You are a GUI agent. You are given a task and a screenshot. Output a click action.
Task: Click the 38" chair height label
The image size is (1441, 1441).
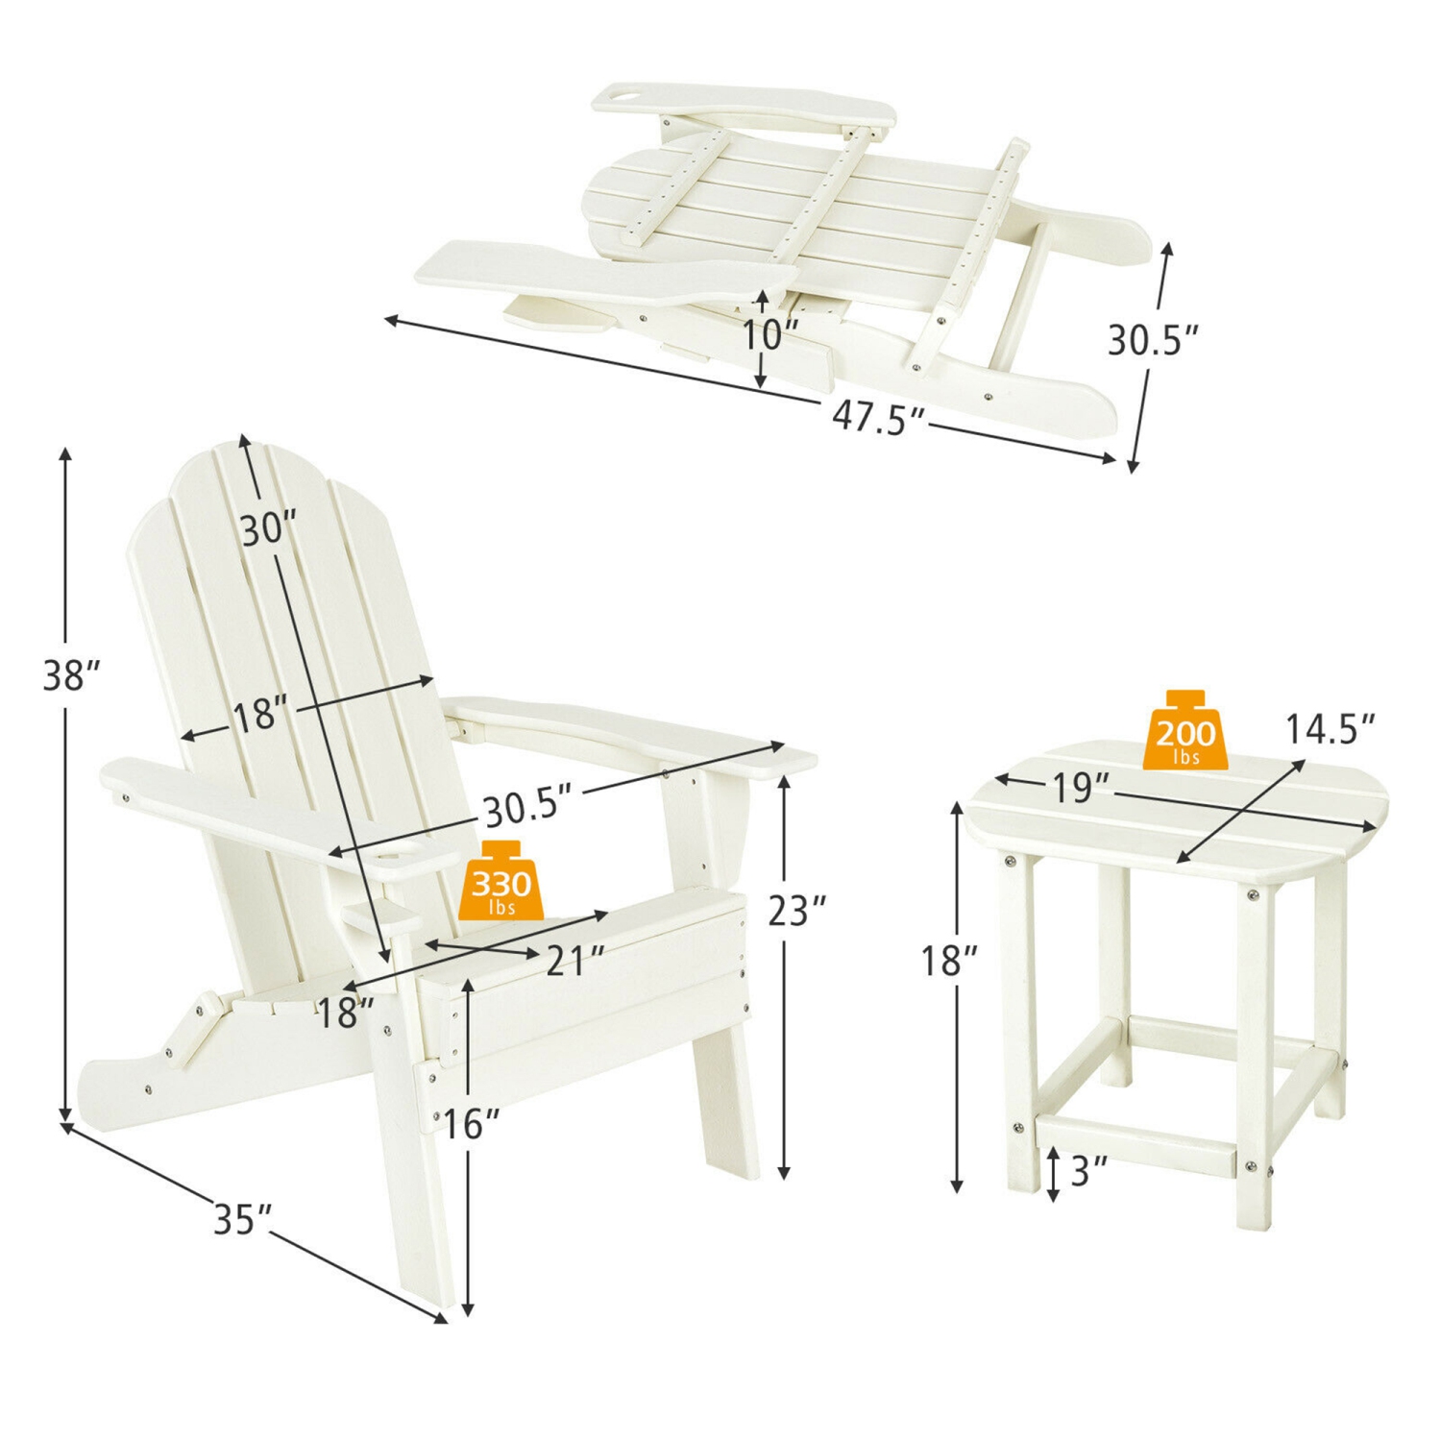click(x=71, y=675)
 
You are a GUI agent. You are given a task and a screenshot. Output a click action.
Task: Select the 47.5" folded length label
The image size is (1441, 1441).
click(x=877, y=417)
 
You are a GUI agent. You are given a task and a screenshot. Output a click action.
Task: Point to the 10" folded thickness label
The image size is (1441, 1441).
click(x=769, y=335)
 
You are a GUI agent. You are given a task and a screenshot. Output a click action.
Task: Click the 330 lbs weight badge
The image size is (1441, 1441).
click(x=501, y=881)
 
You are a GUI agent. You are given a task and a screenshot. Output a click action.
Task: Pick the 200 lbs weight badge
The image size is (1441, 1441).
click(x=1185, y=732)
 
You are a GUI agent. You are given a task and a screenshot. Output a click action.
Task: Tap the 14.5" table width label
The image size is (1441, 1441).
click(x=1330, y=729)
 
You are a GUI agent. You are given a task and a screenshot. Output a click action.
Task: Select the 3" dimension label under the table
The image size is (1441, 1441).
click(x=1087, y=1171)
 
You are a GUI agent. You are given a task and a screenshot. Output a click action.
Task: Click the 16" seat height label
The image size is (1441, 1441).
click(x=471, y=1124)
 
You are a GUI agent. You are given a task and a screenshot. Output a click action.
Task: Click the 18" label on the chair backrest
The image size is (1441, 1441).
click(x=259, y=716)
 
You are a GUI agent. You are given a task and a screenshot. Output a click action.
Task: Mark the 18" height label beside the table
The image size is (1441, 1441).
click(x=949, y=960)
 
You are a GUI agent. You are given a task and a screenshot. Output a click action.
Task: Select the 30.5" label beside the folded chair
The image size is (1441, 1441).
click(x=1152, y=340)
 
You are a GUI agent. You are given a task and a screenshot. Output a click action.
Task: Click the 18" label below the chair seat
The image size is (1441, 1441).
click(x=345, y=1013)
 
